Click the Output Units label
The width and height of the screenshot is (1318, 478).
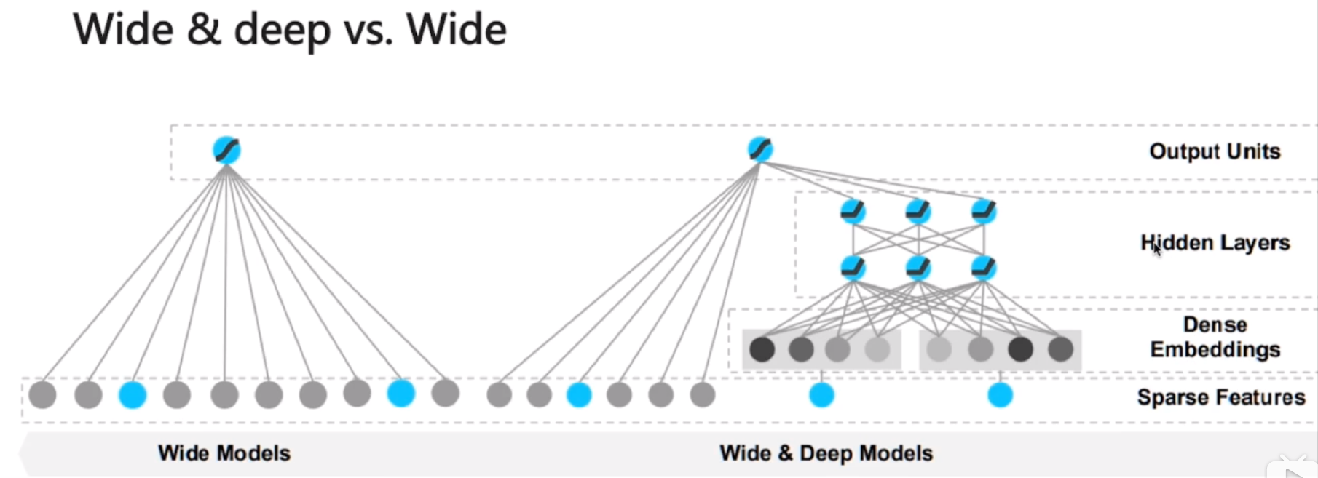click(x=1215, y=151)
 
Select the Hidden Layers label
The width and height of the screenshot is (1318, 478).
click(x=1215, y=242)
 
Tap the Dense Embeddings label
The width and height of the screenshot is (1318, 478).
click(x=1215, y=337)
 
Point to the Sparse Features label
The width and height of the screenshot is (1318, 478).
click(x=1220, y=397)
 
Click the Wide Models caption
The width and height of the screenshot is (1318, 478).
click(x=224, y=453)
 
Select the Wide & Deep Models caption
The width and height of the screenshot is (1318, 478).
click(x=826, y=453)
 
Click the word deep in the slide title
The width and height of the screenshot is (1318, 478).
click(x=282, y=31)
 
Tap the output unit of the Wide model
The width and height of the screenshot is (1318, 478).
click(x=226, y=150)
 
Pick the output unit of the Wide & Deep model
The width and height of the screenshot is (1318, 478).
click(x=760, y=149)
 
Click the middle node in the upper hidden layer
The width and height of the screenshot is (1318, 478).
click(x=918, y=212)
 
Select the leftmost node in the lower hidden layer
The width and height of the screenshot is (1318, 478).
click(x=853, y=268)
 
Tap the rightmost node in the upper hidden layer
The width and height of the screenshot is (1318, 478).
click(x=984, y=212)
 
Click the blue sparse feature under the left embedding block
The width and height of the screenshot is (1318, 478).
click(x=821, y=395)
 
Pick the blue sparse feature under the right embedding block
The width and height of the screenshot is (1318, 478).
click(x=1000, y=395)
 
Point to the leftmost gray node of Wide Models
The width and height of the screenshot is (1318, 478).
click(x=43, y=395)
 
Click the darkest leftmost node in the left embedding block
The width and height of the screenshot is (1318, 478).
click(x=762, y=349)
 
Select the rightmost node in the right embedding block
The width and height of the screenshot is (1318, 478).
click(x=1060, y=349)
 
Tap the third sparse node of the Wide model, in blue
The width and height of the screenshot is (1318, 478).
click(x=133, y=395)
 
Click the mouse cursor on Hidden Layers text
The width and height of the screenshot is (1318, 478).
click(x=1156, y=249)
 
